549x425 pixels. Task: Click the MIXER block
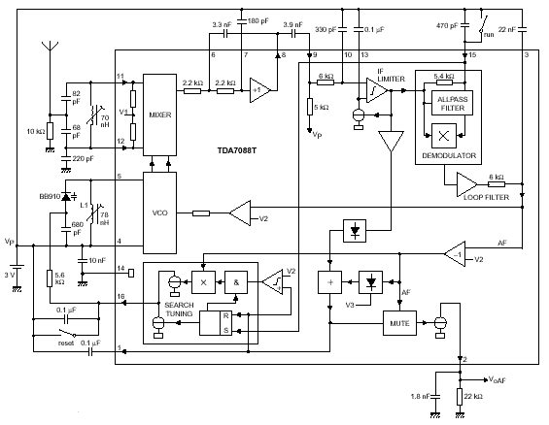click(x=159, y=114)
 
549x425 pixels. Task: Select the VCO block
click(x=159, y=212)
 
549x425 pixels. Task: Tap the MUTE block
click(x=399, y=323)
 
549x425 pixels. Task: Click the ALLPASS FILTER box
click(x=453, y=103)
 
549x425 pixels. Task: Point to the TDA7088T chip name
click(x=237, y=150)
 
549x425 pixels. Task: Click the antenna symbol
click(x=51, y=47)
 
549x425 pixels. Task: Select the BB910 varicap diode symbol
click(x=66, y=197)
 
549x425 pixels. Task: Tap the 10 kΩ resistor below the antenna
click(x=51, y=131)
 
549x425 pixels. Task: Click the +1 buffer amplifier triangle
click(x=260, y=90)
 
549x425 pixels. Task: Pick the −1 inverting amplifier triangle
click(x=455, y=254)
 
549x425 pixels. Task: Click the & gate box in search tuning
click(x=236, y=282)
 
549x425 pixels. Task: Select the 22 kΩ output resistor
click(x=460, y=397)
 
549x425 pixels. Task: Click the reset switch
click(x=67, y=333)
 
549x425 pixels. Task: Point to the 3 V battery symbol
click(x=17, y=268)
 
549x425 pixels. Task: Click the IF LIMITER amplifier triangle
click(x=376, y=90)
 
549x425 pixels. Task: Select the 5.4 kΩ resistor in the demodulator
click(x=444, y=82)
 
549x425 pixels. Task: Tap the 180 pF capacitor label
click(x=258, y=21)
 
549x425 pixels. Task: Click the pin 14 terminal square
click(x=131, y=273)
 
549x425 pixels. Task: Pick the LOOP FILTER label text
click(x=487, y=198)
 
